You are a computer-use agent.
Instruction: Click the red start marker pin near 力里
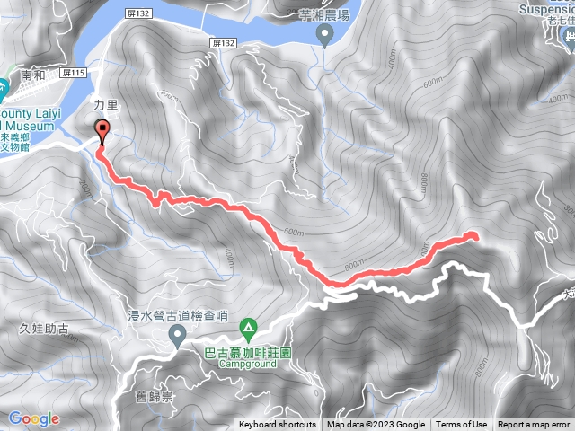tap(101, 130)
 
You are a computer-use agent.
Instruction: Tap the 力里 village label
tap(105, 105)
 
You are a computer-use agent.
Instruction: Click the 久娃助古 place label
tap(43, 329)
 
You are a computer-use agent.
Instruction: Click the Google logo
tap(33, 418)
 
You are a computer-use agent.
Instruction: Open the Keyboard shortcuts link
tap(278, 425)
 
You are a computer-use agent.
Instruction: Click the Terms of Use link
tap(462, 425)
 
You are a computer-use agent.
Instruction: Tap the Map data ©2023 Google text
tap(376, 425)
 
